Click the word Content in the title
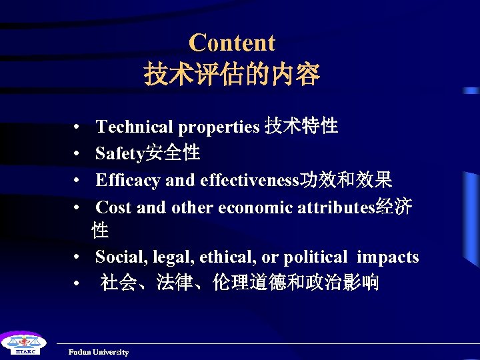click(x=231, y=43)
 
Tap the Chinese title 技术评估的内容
click(x=231, y=74)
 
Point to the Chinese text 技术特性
click(x=301, y=125)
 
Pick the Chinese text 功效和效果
click(x=347, y=180)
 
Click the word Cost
click(x=113, y=208)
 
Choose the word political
click(x=315, y=257)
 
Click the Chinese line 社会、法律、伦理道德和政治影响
click(x=240, y=283)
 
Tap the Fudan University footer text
click(x=99, y=352)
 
